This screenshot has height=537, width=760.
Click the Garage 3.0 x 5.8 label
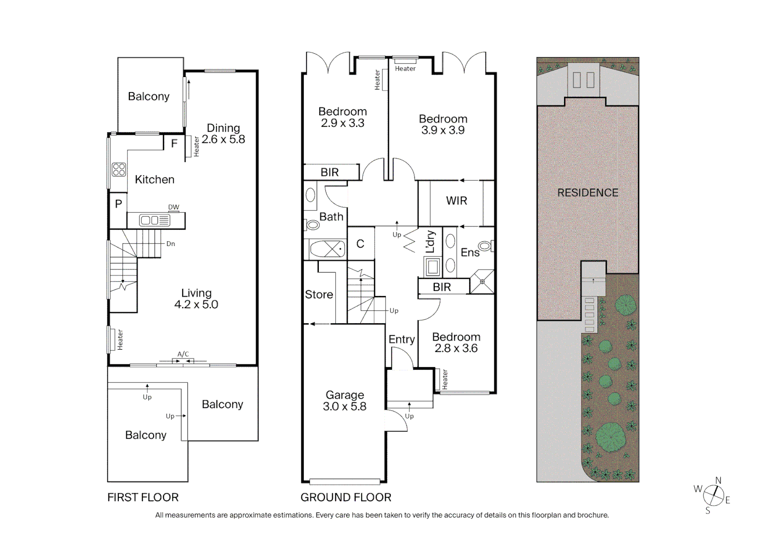(345, 401)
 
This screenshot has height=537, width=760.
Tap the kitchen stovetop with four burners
(119, 170)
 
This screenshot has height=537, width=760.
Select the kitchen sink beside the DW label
(154, 220)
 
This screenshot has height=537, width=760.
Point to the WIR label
(456, 201)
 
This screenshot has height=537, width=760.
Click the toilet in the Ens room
(485, 246)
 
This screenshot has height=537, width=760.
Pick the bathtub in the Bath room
(327, 249)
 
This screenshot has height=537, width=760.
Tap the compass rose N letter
(718, 480)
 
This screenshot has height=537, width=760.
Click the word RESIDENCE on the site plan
(587, 193)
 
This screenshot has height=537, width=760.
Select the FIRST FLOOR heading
(143, 497)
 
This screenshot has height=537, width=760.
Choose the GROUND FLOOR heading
(346, 497)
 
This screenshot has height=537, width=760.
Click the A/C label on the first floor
(183, 354)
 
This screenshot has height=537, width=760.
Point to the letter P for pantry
(118, 204)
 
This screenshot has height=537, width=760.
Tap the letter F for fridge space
(174, 144)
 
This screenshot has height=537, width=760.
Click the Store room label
(319, 294)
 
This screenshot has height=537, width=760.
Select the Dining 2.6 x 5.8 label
(223, 134)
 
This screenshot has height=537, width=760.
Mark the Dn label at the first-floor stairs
(171, 244)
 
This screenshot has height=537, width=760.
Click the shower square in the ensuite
(482, 281)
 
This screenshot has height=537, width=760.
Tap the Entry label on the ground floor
(401, 339)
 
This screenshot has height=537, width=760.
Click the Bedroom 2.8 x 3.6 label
(456, 343)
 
